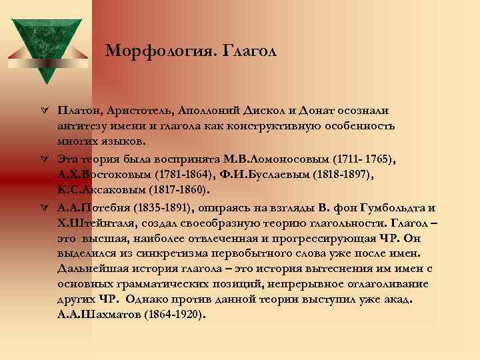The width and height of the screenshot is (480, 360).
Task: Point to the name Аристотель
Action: tap(143, 109)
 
